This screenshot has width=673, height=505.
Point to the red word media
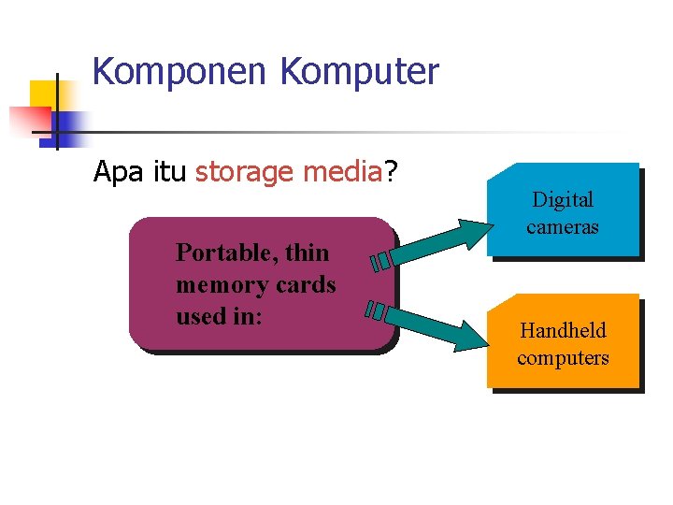(339, 172)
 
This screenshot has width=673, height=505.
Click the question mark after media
(391, 172)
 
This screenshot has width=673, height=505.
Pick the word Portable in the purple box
(226, 252)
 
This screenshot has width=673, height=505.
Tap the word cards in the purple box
(302, 284)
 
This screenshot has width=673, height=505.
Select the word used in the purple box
(200, 316)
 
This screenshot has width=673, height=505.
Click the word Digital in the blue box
(563, 199)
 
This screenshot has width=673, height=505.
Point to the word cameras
(563, 226)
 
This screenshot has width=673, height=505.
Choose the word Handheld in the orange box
(563, 330)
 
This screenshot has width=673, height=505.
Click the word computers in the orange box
(563, 357)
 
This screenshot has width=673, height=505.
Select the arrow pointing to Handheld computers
(425, 324)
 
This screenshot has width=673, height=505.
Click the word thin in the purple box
(308, 252)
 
